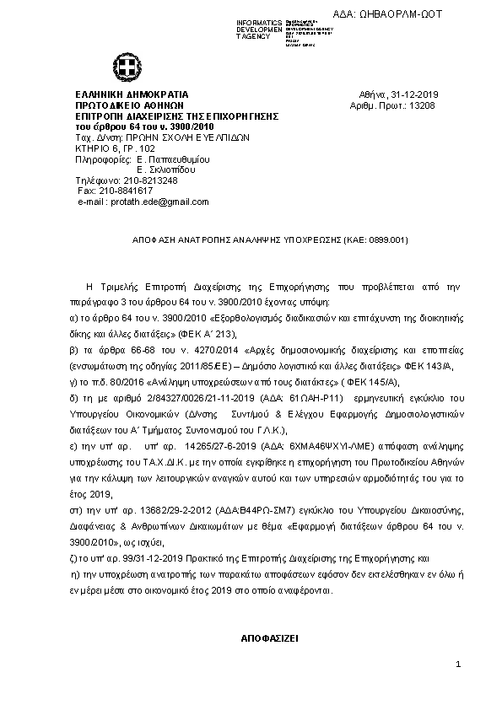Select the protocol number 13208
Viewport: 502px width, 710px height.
[x=422, y=105]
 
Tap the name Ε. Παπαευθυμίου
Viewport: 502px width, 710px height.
[x=173, y=159]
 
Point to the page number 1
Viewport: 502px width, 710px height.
[x=457, y=665]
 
